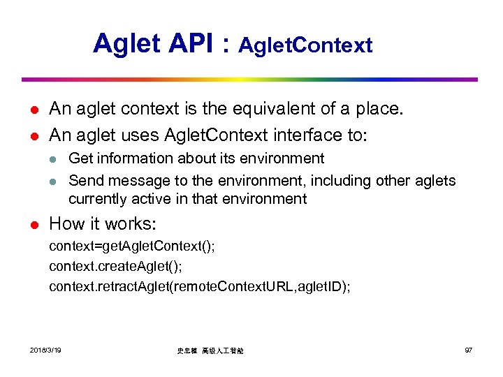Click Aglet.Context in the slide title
tap(305, 46)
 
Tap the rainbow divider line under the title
tap(249, 80)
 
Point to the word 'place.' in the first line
tap(382, 109)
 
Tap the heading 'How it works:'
tap(103, 223)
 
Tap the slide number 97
tap(468, 349)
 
